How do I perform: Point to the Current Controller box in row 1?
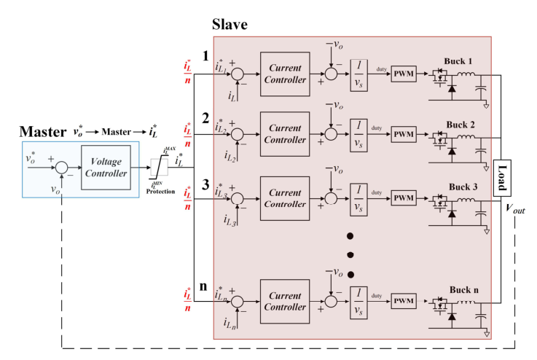click(x=285, y=74)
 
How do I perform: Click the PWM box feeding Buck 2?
click(x=403, y=135)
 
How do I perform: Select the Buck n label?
click(x=455, y=289)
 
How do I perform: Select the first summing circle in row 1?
click(x=238, y=74)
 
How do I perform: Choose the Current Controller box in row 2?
click(x=285, y=133)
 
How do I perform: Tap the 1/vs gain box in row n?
click(x=358, y=300)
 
